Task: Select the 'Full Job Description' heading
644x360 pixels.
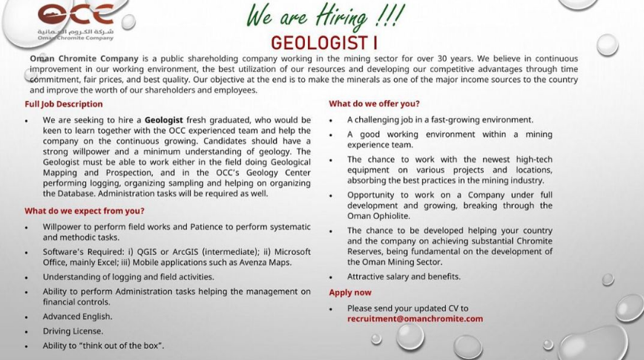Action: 64,104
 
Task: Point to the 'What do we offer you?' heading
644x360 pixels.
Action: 375,104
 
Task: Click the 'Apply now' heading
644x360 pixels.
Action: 350,292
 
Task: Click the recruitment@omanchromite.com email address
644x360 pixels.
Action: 415,318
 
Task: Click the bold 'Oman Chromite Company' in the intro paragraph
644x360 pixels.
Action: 77,58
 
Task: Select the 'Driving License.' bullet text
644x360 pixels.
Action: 73,331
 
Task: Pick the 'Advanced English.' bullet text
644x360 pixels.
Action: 77,316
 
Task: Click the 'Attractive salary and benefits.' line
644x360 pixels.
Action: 404,277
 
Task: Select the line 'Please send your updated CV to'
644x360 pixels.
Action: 408,308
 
